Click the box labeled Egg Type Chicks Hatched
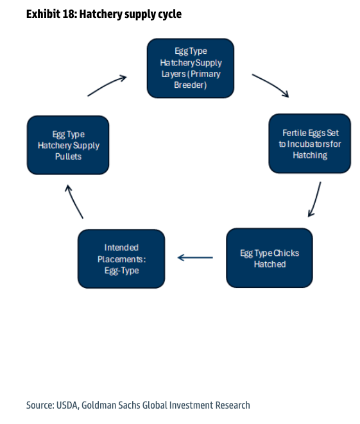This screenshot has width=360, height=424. tap(270, 258)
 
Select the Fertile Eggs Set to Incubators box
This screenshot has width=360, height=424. tap(310, 144)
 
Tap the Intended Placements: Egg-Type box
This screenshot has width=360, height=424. tap(121, 259)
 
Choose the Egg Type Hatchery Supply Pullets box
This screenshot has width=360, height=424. tap(68, 145)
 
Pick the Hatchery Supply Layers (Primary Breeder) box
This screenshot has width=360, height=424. tap(191, 68)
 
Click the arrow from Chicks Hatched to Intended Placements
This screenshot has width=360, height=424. tap(195, 257)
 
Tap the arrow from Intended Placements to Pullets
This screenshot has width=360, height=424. tap(74, 201)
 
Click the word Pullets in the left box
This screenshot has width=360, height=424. tap(68, 157)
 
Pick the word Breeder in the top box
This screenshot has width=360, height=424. tap(191, 85)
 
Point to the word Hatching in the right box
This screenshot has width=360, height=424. tap(310, 155)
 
